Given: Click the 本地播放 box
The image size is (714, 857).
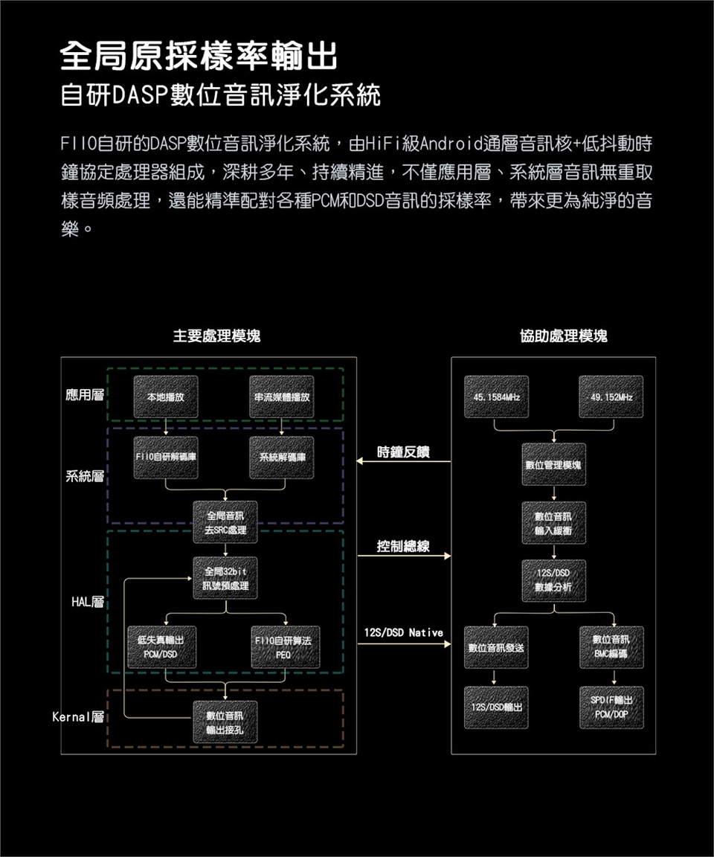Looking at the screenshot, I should point(166,398).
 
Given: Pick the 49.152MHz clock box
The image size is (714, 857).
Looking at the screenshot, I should point(611,398).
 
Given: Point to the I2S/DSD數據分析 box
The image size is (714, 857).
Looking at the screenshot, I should point(554,580).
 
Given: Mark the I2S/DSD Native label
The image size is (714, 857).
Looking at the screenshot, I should point(403,632).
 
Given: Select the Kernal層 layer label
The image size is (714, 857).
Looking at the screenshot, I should point(79,719).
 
